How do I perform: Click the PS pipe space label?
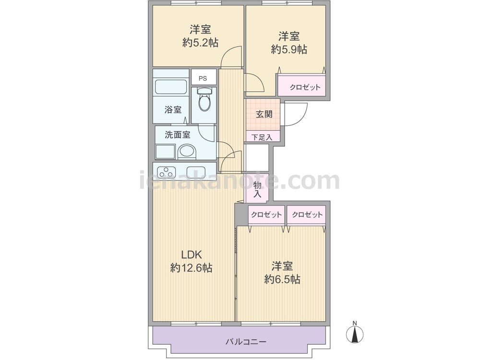coord(203,78)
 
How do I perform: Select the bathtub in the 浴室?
coord(171,87)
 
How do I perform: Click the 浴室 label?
coord(173,109)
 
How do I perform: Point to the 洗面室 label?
coord(178,135)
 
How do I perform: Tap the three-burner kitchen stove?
coord(166,172)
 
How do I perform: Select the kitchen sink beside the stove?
coord(196,172)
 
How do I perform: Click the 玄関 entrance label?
coord(264,114)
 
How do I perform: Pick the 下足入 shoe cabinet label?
coord(262,137)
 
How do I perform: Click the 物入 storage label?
coord(257,189)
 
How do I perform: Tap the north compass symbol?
coord(355,333)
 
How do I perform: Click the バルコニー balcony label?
coord(246,342)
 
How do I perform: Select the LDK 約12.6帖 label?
coord(191,262)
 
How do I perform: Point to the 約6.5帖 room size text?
coord(282,279)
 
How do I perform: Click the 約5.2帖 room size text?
coord(200,43)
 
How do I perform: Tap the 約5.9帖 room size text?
coord(289,49)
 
